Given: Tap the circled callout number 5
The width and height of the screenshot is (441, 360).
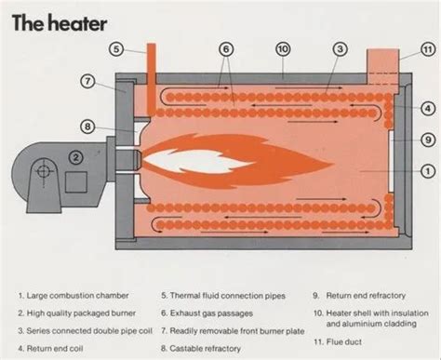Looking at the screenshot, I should (116, 48).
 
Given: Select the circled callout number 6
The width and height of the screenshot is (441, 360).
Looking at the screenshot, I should (224, 48).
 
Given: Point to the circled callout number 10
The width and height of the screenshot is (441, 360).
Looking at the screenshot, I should (282, 48).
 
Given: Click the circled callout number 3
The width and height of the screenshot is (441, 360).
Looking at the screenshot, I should (340, 48).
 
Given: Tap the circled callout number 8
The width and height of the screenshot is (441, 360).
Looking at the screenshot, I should (87, 126).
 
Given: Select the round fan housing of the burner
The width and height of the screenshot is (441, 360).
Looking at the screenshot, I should (41, 171).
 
